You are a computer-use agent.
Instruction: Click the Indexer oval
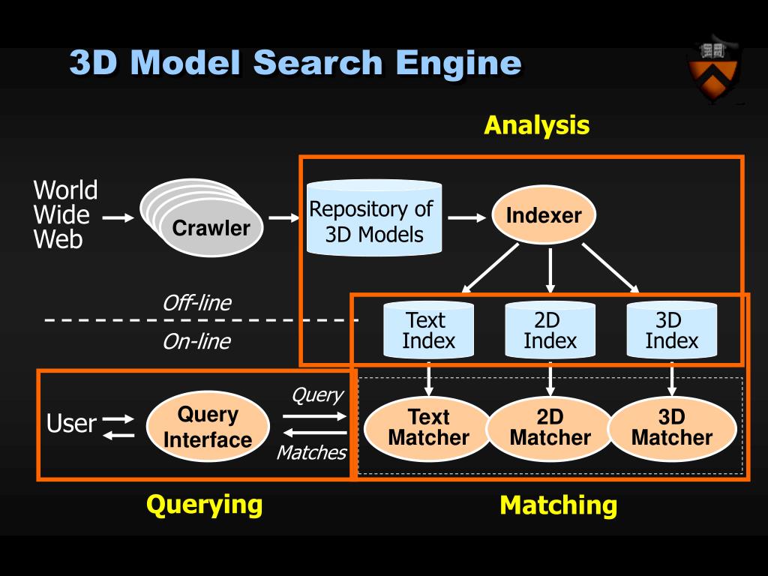[x=544, y=214]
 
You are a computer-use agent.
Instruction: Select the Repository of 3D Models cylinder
[x=374, y=218]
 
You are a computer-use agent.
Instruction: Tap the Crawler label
[x=211, y=228]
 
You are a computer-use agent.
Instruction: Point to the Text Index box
[x=428, y=330]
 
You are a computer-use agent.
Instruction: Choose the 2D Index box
[x=550, y=330]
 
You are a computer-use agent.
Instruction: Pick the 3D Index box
[x=671, y=330]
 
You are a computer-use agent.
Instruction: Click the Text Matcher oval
[x=428, y=428]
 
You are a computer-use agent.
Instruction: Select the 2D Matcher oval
[x=550, y=428]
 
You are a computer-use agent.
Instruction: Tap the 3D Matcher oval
[x=672, y=428]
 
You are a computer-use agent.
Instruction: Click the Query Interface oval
[x=208, y=427]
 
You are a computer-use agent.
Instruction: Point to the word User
[x=71, y=423]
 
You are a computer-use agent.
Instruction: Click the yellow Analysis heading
[x=537, y=125]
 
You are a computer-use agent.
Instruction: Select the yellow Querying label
[x=204, y=505]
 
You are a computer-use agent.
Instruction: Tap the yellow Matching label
[x=558, y=505]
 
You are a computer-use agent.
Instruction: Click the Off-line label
[x=197, y=303]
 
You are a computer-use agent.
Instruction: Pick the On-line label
[x=197, y=341]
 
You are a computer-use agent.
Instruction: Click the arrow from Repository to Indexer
[x=466, y=217]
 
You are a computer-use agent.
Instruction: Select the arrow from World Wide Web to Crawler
[x=118, y=217]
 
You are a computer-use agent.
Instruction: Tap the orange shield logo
[x=713, y=70]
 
